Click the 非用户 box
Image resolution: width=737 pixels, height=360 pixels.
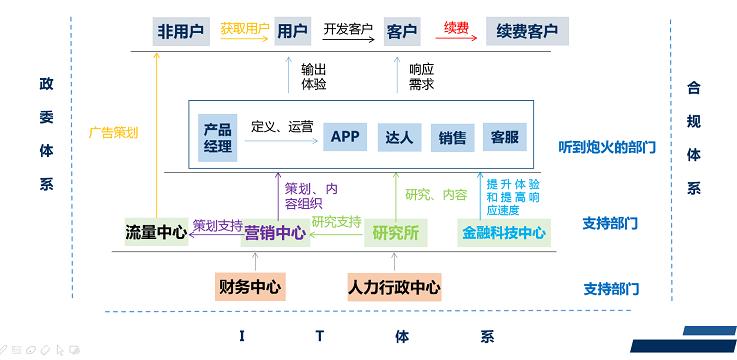[x=181, y=31]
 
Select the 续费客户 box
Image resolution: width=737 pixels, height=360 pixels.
[x=527, y=31]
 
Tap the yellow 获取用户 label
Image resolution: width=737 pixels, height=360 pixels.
[x=245, y=28]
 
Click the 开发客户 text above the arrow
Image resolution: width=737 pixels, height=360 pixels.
[x=347, y=30]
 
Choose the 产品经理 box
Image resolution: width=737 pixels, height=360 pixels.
[x=217, y=138]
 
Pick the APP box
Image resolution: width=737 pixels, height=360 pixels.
[x=345, y=137]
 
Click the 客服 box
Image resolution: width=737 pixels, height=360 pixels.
[x=504, y=137]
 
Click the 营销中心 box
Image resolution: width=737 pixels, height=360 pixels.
[x=275, y=234]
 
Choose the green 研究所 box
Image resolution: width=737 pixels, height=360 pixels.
[x=395, y=233]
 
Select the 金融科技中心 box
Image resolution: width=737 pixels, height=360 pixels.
[x=504, y=233]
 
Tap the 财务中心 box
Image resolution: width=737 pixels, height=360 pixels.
[x=250, y=287]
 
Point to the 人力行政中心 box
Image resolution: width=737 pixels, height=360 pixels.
[x=394, y=287]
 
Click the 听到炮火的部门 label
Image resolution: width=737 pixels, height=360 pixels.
[x=607, y=148]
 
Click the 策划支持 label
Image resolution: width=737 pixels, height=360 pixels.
[x=217, y=225]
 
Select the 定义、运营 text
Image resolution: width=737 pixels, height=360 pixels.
[x=282, y=126]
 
